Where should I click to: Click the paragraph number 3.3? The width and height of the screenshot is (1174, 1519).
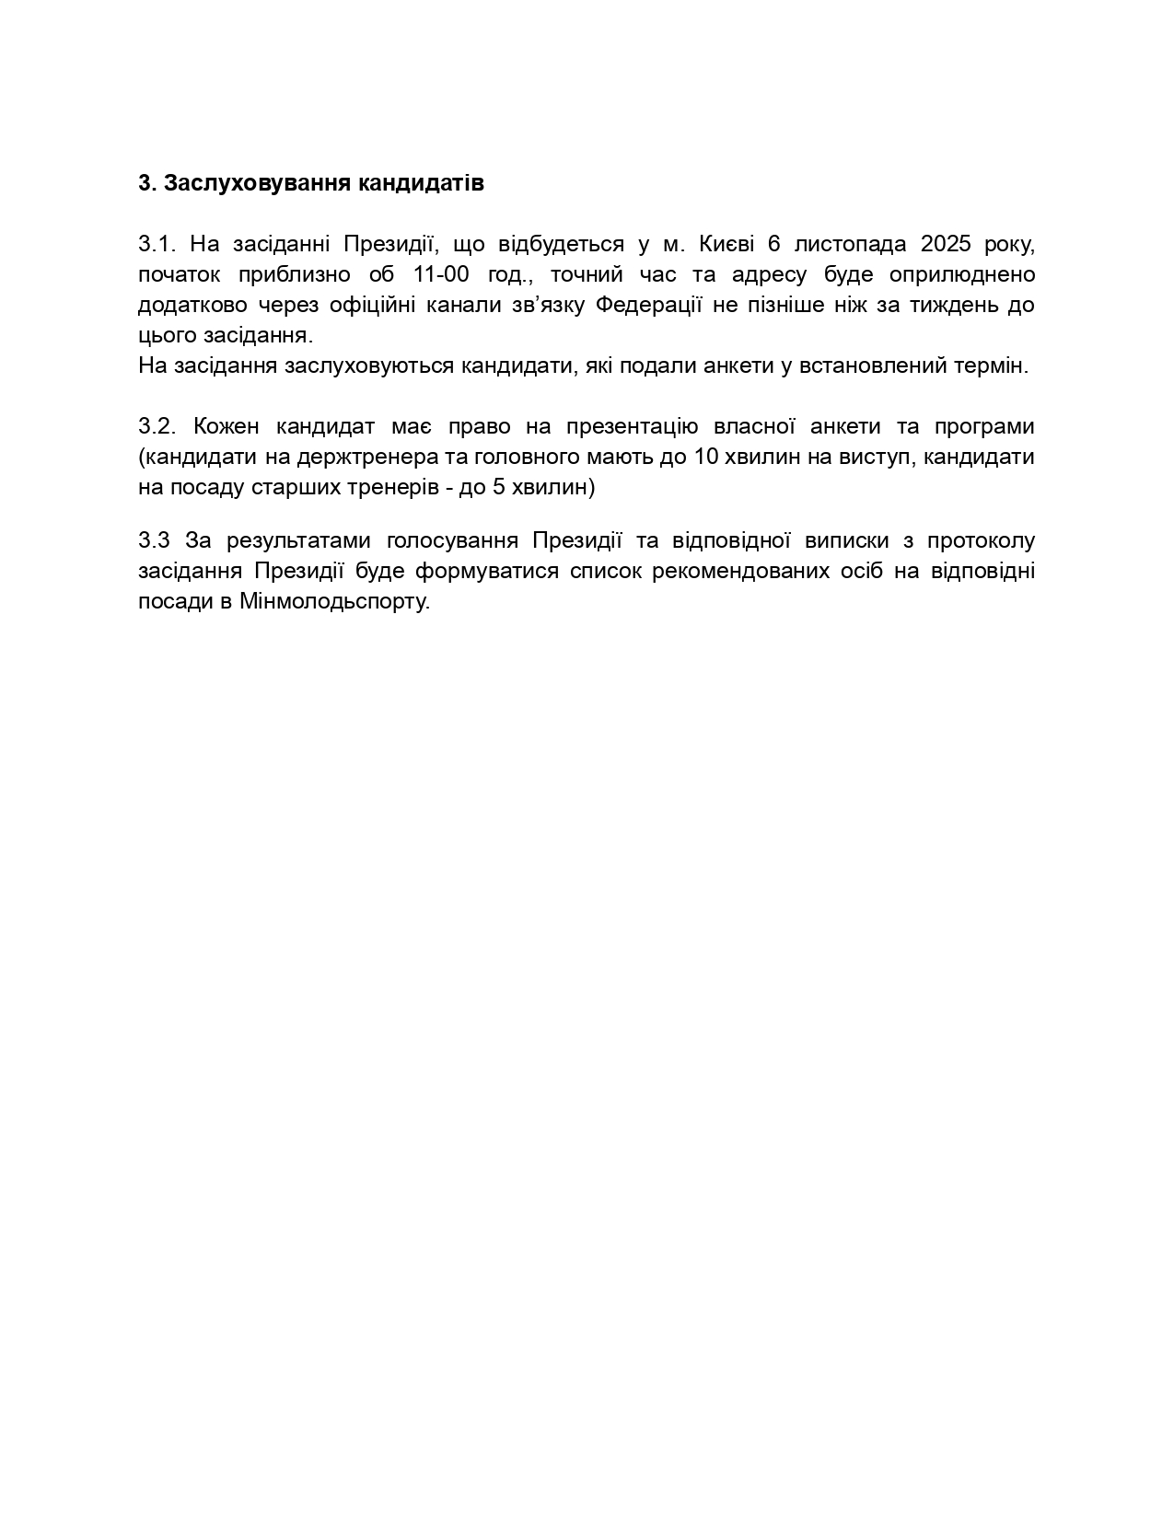click(x=154, y=540)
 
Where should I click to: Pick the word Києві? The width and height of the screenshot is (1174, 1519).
click(x=727, y=244)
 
